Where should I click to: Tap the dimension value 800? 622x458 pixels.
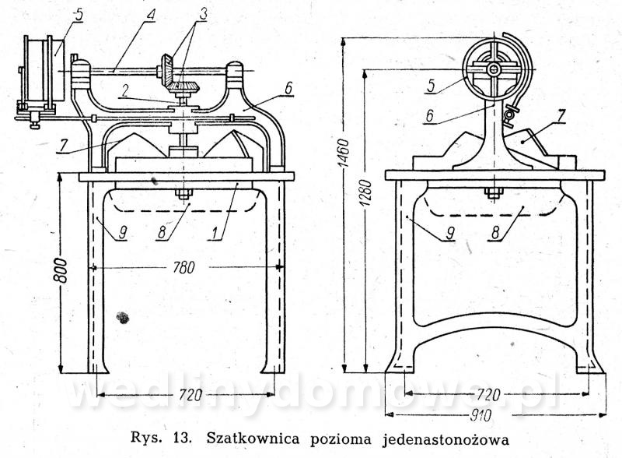tap(61, 270)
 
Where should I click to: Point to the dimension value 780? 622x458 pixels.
tap(184, 268)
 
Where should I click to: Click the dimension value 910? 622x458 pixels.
tap(480, 415)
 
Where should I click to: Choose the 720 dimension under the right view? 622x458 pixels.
tap(487, 395)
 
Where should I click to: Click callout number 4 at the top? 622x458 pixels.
tap(150, 16)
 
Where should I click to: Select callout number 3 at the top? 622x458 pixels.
tap(202, 15)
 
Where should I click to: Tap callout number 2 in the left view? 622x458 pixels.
tap(124, 91)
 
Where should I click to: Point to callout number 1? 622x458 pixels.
tap(215, 234)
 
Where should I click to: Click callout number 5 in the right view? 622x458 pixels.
tap(432, 86)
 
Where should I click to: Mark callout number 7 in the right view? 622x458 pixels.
tap(560, 117)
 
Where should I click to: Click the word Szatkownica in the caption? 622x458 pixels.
tap(254, 439)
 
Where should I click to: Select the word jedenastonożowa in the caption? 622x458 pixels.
tap(446, 440)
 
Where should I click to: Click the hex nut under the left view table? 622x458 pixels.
tap(183, 195)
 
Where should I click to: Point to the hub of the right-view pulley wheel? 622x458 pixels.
tap(493, 69)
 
